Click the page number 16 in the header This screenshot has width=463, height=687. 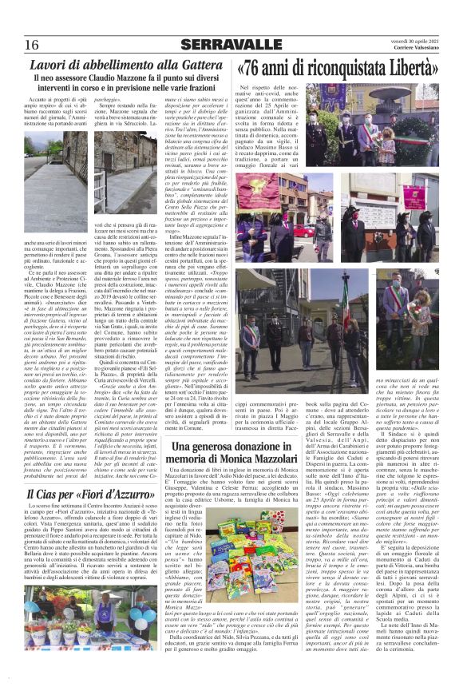(x=31, y=44)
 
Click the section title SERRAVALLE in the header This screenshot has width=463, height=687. (x=231, y=44)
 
